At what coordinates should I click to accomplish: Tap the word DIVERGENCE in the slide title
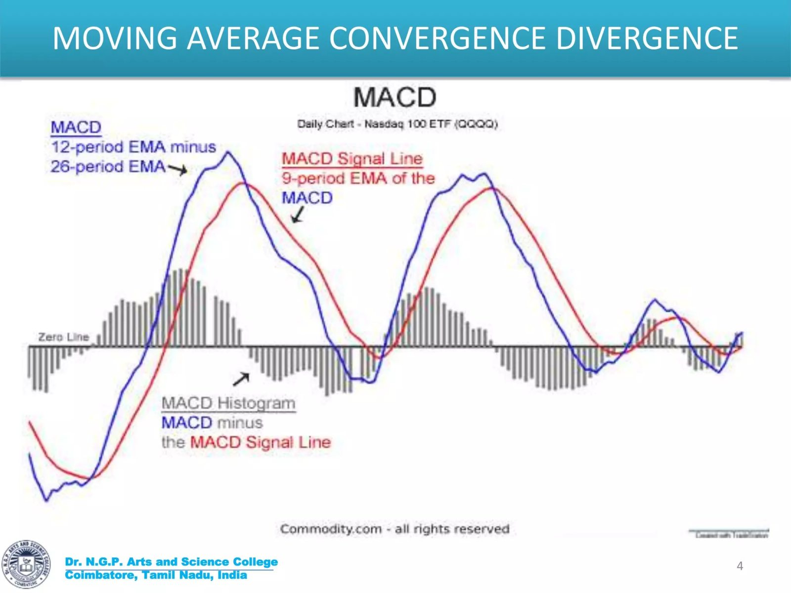pos(647,38)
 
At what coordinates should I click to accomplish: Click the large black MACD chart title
pos(395,97)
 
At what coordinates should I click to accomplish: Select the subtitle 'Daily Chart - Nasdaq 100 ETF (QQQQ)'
pos(397,124)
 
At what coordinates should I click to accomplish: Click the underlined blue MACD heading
pos(76,127)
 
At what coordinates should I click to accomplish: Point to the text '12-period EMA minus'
pos(133,147)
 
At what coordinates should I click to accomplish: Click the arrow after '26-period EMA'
pos(178,169)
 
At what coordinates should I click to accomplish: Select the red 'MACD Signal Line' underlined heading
pos(352,159)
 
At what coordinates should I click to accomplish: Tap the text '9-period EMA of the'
pos(358,178)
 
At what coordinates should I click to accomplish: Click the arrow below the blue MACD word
pos(298,215)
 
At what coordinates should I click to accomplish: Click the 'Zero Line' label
pos(63,337)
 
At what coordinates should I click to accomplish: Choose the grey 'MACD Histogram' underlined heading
pos(228,403)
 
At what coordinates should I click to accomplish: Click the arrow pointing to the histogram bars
pos(241,379)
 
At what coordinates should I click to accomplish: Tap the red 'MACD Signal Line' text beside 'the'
pos(260,442)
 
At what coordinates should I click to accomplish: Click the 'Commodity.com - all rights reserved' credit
pos(395,529)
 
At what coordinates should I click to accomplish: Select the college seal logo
pos(26,564)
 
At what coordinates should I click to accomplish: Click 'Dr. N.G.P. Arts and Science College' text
pos(171,562)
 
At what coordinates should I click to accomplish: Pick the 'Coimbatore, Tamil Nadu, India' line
pos(156,575)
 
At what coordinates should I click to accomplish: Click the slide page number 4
pos(740,566)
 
